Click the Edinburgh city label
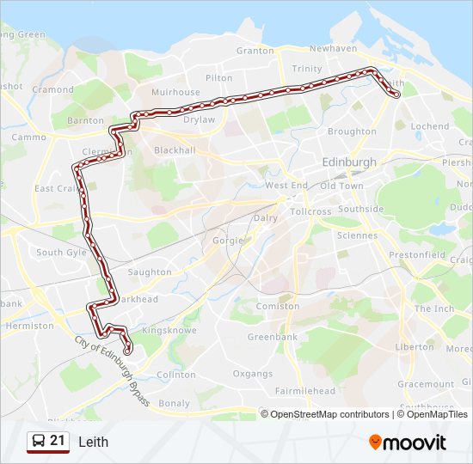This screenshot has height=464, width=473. point(348,162)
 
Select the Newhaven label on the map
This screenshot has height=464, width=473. point(333,49)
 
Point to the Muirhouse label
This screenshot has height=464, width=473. point(175,92)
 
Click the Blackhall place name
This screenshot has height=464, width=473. point(175,150)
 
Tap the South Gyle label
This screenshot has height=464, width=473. point(62,253)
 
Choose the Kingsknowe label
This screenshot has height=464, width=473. point(169,330)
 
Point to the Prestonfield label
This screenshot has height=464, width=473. point(417,255)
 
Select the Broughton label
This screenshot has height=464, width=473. point(352,131)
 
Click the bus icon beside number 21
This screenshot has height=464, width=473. point(38,442)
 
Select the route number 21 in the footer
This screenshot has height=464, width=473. point(58,441)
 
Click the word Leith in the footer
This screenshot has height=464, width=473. point(93,442)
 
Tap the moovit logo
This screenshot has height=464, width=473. point(408,442)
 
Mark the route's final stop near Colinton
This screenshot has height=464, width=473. point(128,351)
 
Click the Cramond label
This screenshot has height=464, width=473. point(53,89)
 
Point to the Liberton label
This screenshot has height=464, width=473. point(414,347)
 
